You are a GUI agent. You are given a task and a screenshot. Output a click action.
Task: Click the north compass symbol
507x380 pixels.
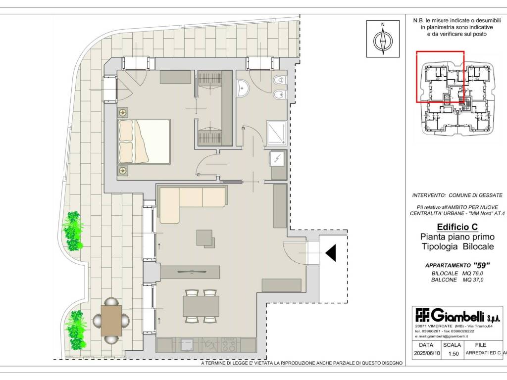point(383,39)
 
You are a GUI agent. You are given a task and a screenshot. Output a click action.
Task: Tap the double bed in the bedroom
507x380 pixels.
point(144,141)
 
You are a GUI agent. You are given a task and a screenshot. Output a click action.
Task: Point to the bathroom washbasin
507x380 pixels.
point(245,90)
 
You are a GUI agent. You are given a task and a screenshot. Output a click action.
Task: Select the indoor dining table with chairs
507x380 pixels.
point(201,306)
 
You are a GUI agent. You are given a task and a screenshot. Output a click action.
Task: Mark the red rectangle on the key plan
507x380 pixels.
point(440,76)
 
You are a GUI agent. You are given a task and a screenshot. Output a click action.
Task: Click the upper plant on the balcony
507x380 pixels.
point(73,230)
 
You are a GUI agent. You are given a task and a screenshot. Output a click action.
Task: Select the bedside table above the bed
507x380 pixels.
point(122,112)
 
